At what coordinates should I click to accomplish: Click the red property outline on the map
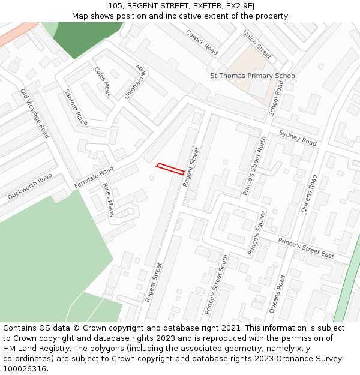pos(170,169)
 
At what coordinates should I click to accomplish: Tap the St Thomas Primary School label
pos(253,76)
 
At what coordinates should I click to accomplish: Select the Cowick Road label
pos(201,43)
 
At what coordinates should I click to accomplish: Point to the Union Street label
pos(257,45)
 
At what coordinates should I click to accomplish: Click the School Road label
pos(277,98)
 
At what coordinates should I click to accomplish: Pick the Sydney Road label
pos(298,138)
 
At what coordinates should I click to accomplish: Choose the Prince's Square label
pos(256,233)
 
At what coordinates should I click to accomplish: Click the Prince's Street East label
pos(306,247)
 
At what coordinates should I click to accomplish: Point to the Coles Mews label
pos(103,82)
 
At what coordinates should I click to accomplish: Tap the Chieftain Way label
pos(135,82)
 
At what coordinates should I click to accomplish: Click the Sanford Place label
pos(76,107)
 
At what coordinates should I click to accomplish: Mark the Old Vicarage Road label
pos(34,113)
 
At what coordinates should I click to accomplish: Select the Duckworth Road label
pos(30,187)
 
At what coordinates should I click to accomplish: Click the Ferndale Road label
pos(94,178)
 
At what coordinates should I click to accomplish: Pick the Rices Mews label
pos(109,199)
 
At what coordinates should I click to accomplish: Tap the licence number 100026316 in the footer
pos(25,368)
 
